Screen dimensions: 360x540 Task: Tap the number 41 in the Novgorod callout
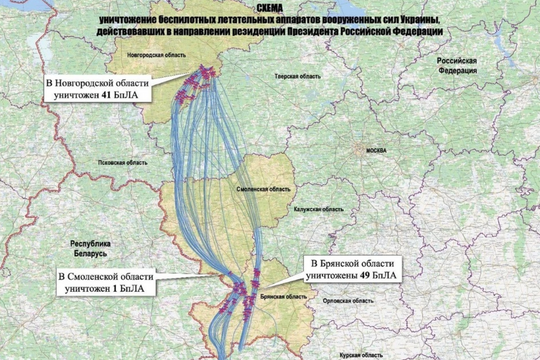pos(105,93)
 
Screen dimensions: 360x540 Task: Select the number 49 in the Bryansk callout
pos(363,272)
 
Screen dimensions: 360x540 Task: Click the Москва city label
pos(376,150)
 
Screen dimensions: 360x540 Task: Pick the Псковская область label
pos(107,159)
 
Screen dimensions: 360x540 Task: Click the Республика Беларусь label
pos(89,249)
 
